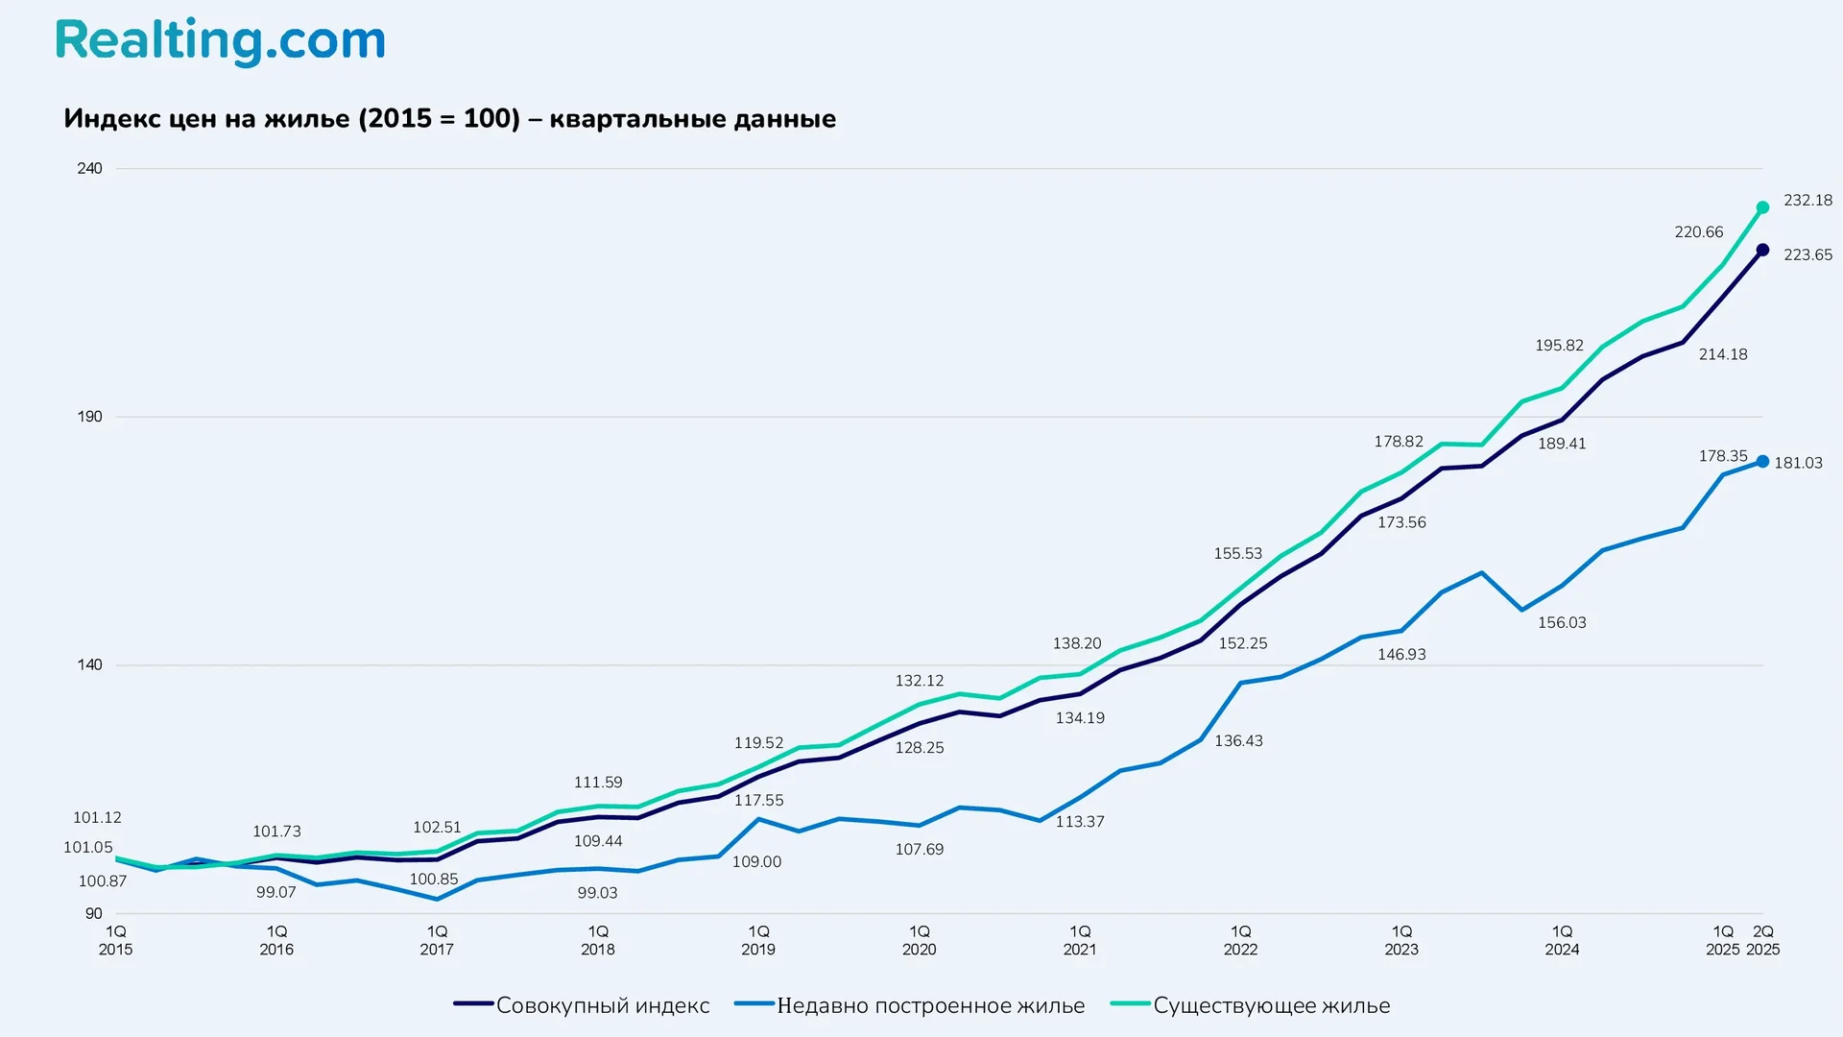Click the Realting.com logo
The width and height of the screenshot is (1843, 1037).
[x=220, y=42]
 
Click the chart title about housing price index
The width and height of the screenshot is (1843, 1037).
[x=449, y=119]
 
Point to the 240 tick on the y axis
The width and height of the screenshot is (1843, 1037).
[x=89, y=169]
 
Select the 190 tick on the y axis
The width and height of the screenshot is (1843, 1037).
[x=89, y=417]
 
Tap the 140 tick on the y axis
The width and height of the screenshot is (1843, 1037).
[x=89, y=664]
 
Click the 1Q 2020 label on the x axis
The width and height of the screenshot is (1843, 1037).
[x=919, y=940]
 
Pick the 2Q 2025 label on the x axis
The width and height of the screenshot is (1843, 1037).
[x=1762, y=940]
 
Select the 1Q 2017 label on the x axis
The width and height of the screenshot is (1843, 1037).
[x=437, y=940]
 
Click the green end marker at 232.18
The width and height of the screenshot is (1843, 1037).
[x=1762, y=207]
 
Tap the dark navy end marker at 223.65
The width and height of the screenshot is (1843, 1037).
[x=1762, y=250]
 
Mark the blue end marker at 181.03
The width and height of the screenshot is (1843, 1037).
[x=1762, y=462]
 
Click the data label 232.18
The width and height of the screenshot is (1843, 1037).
[x=1807, y=201]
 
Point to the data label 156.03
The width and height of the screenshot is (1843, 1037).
[x=1562, y=623]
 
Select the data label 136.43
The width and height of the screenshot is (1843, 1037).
[x=1238, y=741]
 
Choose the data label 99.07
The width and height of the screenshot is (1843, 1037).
[x=275, y=893]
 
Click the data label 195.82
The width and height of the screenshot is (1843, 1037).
[x=1559, y=346]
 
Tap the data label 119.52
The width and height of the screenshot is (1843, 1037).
[x=758, y=743]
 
